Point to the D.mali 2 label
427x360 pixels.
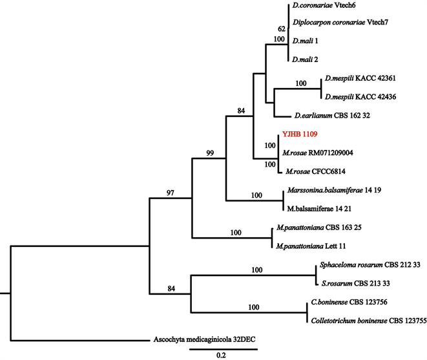point(306,59)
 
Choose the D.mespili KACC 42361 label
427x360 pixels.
point(360,79)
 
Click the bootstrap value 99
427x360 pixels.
point(209,153)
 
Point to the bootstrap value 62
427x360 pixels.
point(281,29)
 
